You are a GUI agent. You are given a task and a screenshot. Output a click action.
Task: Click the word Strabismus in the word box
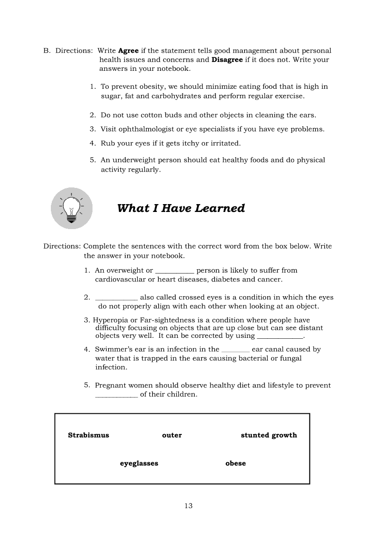(x=88, y=435)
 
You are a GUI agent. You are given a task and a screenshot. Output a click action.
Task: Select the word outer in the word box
(x=172, y=435)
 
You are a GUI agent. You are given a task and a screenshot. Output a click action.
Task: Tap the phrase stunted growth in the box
(x=269, y=435)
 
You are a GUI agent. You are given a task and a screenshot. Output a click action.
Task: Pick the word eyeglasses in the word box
(x=139, y=463)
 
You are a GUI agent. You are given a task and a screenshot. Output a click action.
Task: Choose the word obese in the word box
(x=235, y=463)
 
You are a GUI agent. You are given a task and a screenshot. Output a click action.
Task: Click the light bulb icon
(x=71, y=208)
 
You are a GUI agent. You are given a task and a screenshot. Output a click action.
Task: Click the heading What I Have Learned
(x=181, y=208)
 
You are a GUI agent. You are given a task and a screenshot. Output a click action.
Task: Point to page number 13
(x=188, y=506)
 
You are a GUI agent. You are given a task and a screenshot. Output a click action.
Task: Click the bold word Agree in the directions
(x=129, y=51)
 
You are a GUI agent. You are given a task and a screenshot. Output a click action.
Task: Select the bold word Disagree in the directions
(x=227, y=60)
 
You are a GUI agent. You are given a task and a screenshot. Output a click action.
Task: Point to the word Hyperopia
(x=110, y=320)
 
